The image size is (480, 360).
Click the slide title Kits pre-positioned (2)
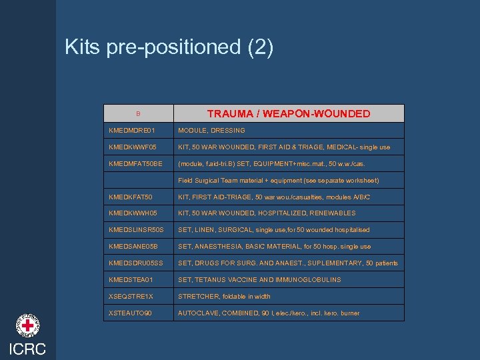point(169,47)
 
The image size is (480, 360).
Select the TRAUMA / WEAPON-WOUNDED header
point(288,114)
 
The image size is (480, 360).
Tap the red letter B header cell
point(139,113)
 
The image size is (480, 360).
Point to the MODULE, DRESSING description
point(211,131)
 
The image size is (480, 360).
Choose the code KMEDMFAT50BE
point(135,164)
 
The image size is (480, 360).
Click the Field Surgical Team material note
point(278,181)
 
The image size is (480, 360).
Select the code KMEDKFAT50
point(131,197)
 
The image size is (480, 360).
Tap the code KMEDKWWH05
point(133,213)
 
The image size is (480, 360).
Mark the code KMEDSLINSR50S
point(136,230)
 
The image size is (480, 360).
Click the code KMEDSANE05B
point(133,247)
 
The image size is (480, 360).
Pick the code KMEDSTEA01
point(131,280)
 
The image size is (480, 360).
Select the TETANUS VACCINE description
point(259,280)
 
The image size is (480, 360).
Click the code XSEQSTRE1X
point(131,297)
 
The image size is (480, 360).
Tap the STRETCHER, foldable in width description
point(224,297)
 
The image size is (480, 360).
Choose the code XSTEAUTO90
point(131,313)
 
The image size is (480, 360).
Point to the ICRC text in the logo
point(27,349)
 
